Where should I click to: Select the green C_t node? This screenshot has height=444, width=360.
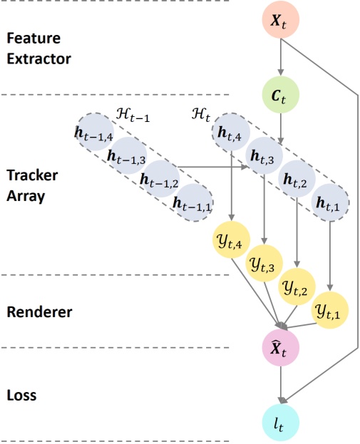pos(280,93)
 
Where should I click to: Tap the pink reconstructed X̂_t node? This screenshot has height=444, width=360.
pos(280,349)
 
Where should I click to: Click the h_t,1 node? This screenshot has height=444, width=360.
pos(331,202)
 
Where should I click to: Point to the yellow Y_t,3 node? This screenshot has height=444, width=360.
pos(264,264)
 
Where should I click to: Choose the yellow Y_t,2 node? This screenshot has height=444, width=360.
pos(297,287)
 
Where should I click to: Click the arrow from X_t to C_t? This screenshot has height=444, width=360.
pos(280,56)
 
